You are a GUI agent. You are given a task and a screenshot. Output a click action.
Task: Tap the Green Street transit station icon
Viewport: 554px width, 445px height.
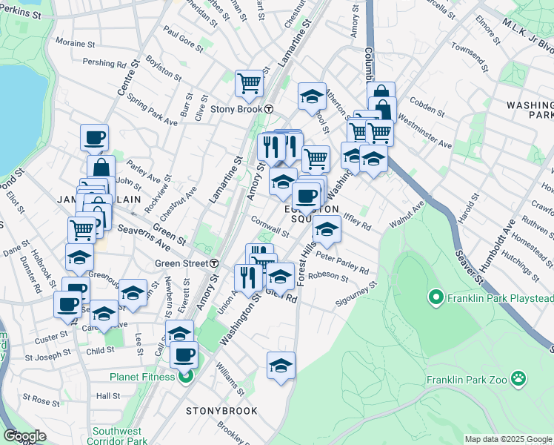[214, 263]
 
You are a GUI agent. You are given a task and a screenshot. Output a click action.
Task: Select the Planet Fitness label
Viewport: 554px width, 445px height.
[141, 376]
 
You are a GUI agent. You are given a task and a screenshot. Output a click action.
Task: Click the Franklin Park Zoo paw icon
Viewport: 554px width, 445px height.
[520, 380]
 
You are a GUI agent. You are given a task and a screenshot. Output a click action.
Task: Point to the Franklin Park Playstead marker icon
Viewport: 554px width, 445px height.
[436, 299]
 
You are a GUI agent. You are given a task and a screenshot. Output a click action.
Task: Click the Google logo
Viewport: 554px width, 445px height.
[25, 435]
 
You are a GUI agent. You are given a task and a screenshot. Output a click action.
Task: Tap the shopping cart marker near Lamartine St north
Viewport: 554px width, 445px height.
[249, 82]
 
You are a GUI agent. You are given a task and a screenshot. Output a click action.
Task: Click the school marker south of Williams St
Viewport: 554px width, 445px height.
[281, 365]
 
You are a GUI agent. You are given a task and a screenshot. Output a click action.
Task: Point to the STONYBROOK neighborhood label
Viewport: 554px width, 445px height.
[221, 410]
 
